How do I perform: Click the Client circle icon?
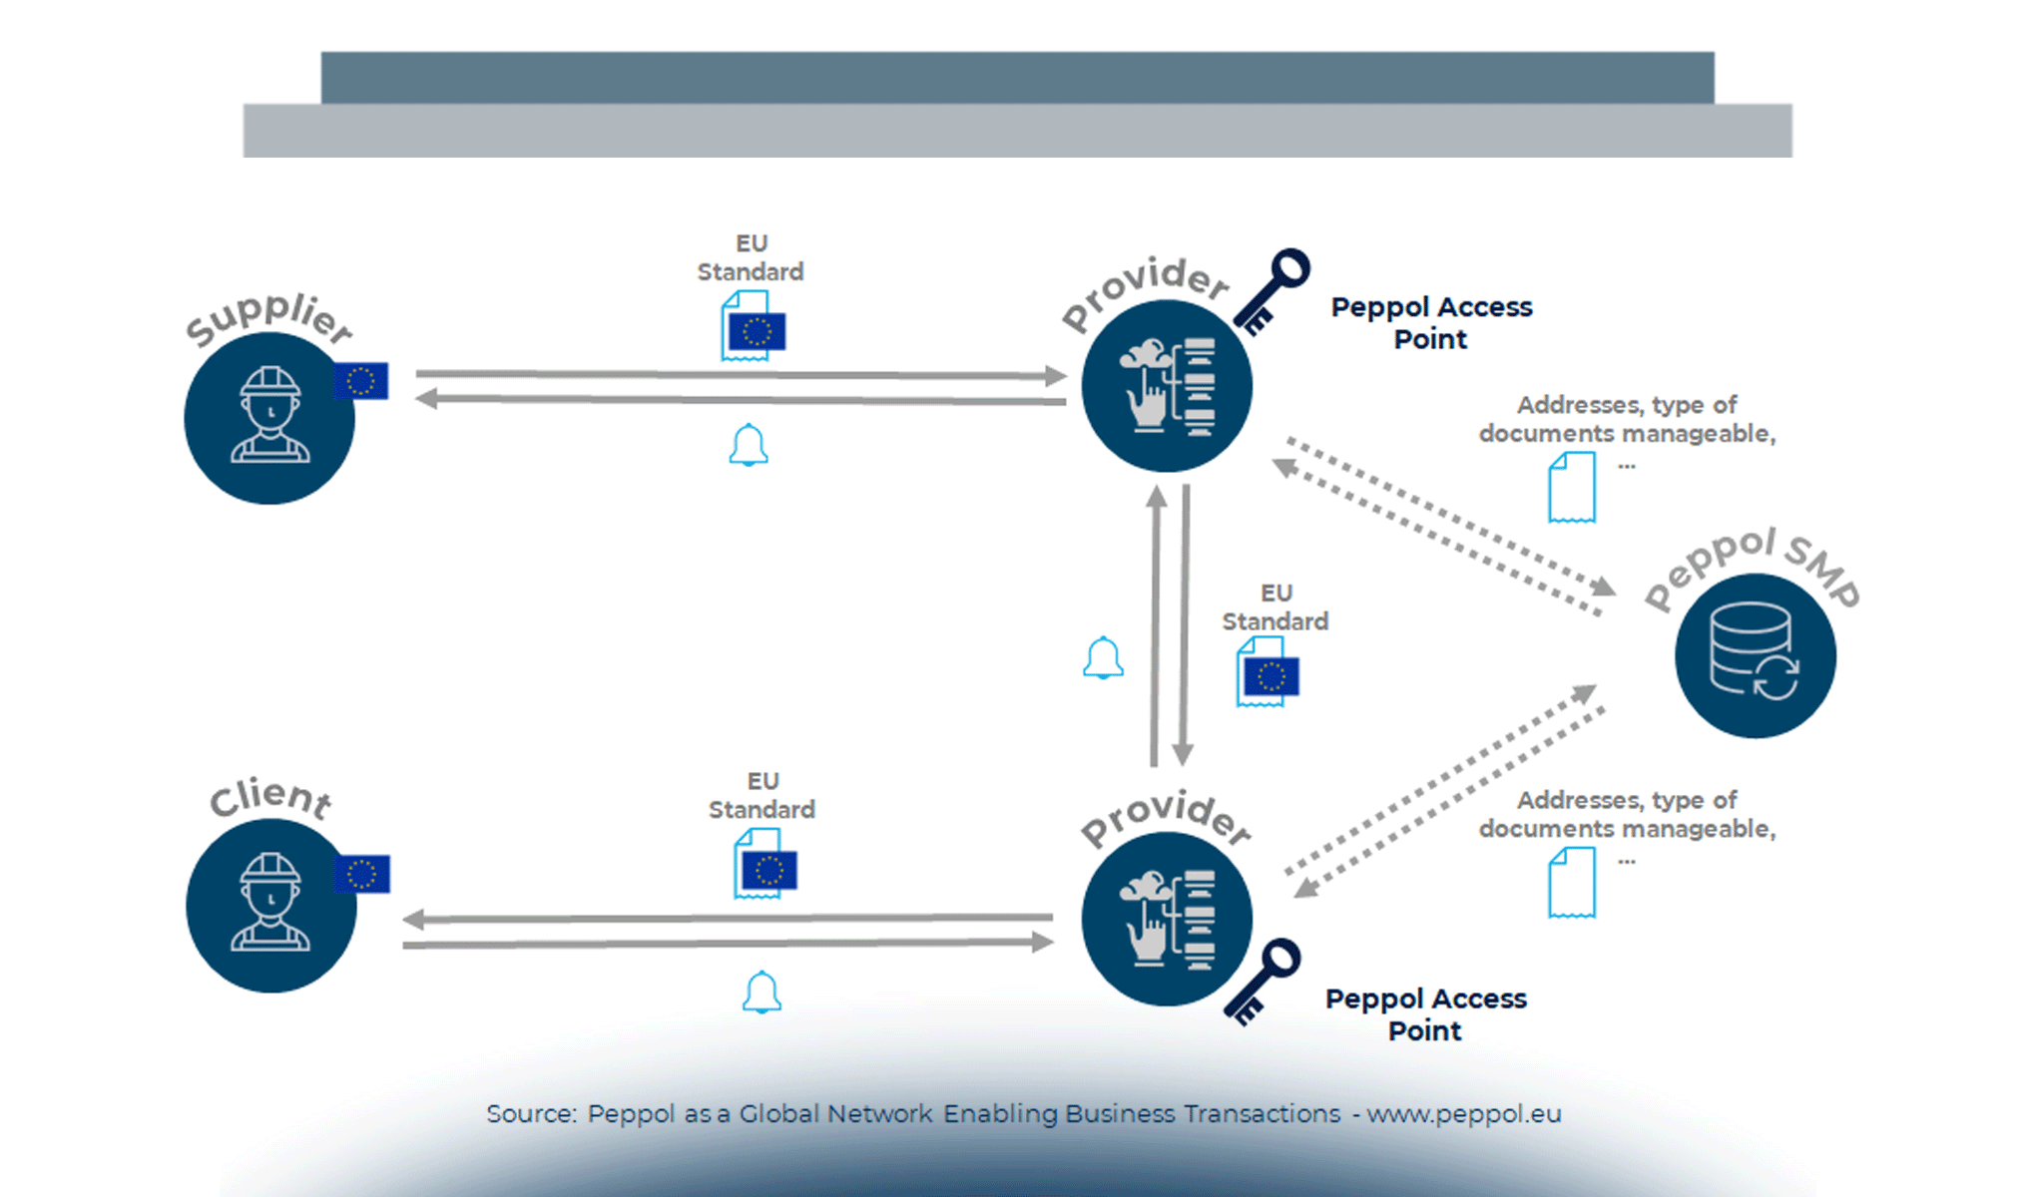tap(270, 905)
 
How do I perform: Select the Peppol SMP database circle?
tap(1755, 656)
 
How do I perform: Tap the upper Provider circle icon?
tap(1166, 385)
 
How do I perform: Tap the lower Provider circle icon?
tap(1166, 919)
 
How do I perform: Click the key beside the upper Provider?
tap(1272, 290)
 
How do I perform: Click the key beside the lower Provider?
tap(1263, 982)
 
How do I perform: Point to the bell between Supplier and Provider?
tap(749, 445)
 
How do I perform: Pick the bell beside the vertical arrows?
tap(1103, 657)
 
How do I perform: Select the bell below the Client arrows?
tap(762, 992)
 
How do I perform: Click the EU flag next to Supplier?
tap(361, 381)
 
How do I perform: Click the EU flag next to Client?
tap(361, 874)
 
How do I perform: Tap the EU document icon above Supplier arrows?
tap(754, 326)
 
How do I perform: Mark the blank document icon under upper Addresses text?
tap(1571, 487)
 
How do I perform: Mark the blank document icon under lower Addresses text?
tap(1571, 882)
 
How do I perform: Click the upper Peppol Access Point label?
tap(1431, 322)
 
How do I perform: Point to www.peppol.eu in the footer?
tap(1464, 1113)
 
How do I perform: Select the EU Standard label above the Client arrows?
tap(762, 795)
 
